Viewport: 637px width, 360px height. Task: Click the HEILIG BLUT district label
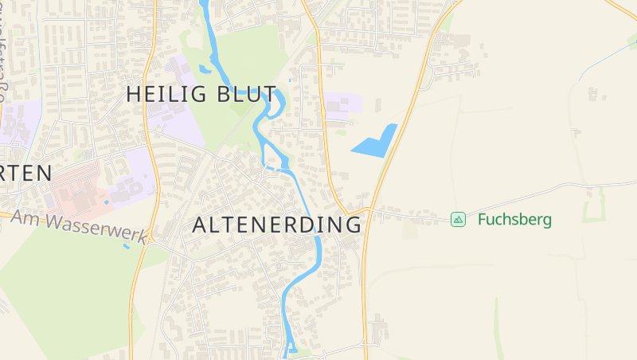[x=201, y=94]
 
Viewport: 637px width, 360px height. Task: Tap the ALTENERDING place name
[x=277, y=225]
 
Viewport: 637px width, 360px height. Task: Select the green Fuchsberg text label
[x=514, y=219]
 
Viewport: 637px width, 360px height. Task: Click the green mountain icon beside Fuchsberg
[x=458, y=219]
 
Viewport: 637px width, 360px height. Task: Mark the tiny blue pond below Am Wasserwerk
[x=126, y=246]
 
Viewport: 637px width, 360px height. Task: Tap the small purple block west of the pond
[x=343, y=106]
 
